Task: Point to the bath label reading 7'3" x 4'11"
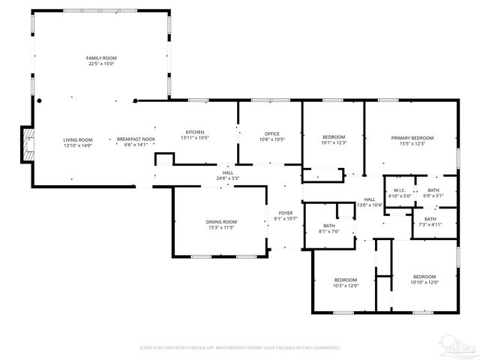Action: tap(430, 221)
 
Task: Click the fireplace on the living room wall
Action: tap(28, 144)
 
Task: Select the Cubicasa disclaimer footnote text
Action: tap(240, 347)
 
